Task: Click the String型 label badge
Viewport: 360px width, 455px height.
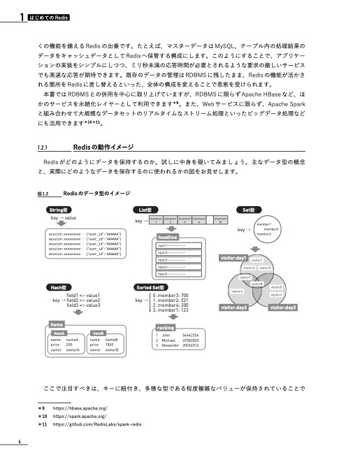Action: coord(57,210)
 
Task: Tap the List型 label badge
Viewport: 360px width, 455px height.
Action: coord(145,210)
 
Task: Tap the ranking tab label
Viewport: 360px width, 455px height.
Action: coord(166,327)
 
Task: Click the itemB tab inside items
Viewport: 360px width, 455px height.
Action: coord(99,334)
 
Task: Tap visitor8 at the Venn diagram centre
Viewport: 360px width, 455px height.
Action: coord(257,283)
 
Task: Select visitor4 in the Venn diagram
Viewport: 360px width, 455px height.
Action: coord(236,291)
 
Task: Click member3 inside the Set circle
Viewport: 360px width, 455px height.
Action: coord(271,229)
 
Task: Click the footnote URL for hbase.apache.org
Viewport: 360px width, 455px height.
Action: coord(80,407)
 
